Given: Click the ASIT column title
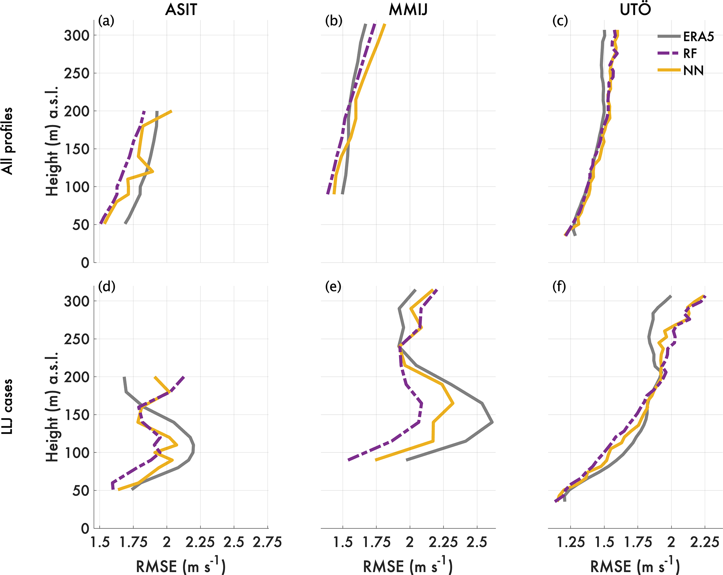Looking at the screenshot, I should tap(181, 10).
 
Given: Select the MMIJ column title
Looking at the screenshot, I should tap(408, 10).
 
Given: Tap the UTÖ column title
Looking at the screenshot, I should tap(635, 10).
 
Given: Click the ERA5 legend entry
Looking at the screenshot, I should tap(698, 36).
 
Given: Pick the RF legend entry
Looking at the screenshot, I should tap(690, 54).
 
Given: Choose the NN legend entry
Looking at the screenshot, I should tap(693, 71).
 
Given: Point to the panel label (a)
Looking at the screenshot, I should tap(106, 21).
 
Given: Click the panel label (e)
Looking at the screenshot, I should tap(333, 287).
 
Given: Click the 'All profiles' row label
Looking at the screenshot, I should tap(7, 141).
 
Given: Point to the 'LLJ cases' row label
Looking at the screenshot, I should tap(7, 407).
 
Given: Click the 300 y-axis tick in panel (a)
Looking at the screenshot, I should tap(77, 35).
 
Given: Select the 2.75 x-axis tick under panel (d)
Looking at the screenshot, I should tap(267, 542).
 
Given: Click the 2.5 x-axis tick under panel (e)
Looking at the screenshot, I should tap(477, 542).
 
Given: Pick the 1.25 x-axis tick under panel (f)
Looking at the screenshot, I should tap(570, 542).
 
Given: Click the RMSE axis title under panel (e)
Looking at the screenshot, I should tap(408, 566).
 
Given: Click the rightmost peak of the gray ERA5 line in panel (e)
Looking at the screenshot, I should tap(492, 422).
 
